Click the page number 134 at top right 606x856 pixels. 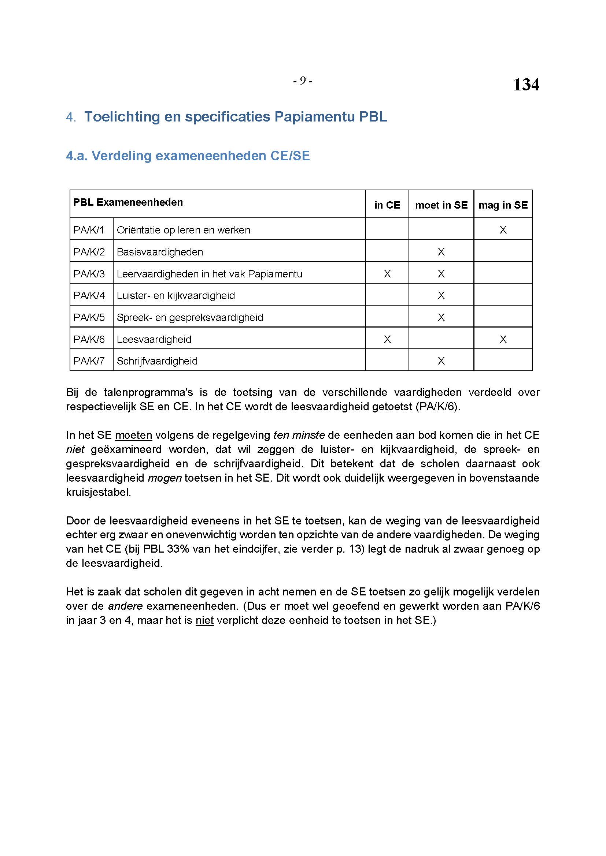click(526, 85)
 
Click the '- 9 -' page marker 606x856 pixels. click(303, 81)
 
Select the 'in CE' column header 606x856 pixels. click(387, 205)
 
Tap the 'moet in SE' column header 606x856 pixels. click(441, 205)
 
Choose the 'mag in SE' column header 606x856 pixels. click(503, 205)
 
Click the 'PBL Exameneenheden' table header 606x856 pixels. click(128, 202)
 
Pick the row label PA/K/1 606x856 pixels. click(89, 230)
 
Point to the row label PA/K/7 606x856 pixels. click(89, 361)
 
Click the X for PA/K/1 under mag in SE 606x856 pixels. click(503, 230)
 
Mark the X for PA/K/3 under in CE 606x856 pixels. click(387, 274)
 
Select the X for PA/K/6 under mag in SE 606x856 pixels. click(503, 339)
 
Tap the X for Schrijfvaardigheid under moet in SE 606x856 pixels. click(441, 361)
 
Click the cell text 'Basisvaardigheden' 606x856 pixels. click(160, 252)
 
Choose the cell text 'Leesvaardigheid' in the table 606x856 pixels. click(154, 339)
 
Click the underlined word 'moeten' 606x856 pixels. click(133, 435)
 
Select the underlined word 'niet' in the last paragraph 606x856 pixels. click(204, 620)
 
